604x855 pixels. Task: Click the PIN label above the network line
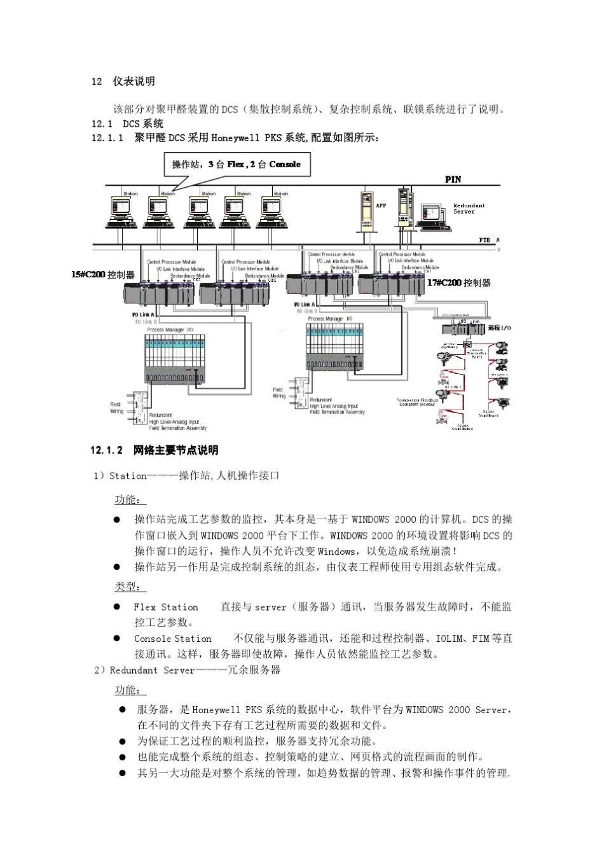pos(453,179)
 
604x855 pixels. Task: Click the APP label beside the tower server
pos(380,205)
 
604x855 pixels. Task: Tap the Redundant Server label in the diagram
pos(469,209)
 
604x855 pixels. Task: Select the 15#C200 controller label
pos(103,275)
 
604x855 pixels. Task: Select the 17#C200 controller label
pos(458,282)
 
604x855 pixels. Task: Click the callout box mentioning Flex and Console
pos(236,165)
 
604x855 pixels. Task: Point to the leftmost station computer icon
pos(121,211)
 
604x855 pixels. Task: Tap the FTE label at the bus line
pos(484,240)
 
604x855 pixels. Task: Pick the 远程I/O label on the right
pos(499,328)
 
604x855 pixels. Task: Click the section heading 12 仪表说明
pos(123,81)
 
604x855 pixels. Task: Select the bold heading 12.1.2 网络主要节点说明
pos(154,450)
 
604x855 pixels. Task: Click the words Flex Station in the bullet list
pos(166,607)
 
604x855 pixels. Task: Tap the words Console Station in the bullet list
pos(173,639)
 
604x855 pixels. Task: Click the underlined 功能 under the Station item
pos(130,500)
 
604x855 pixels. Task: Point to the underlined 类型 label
pos(130,587)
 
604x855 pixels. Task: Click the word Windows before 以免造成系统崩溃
pos(336,551)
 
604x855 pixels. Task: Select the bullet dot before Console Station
pos(117,638)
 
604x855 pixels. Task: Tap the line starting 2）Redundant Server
pos(187,670)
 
